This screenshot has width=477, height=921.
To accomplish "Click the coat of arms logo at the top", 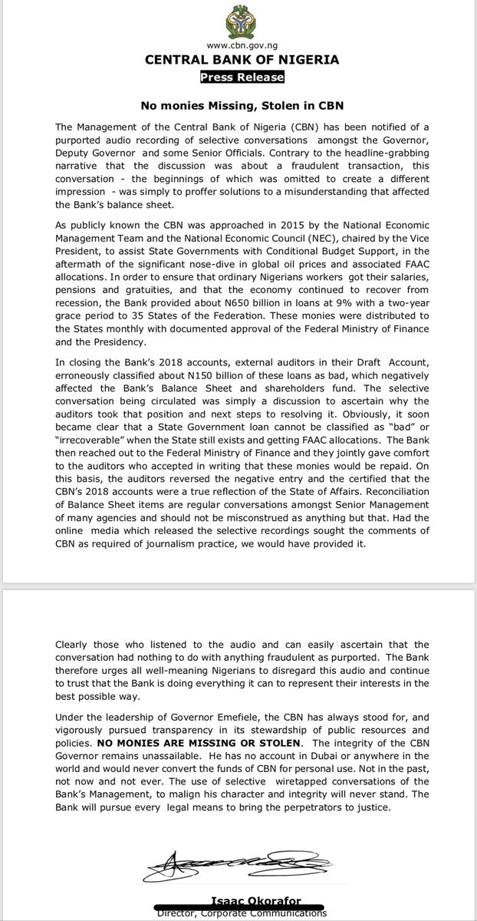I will (238, 21).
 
